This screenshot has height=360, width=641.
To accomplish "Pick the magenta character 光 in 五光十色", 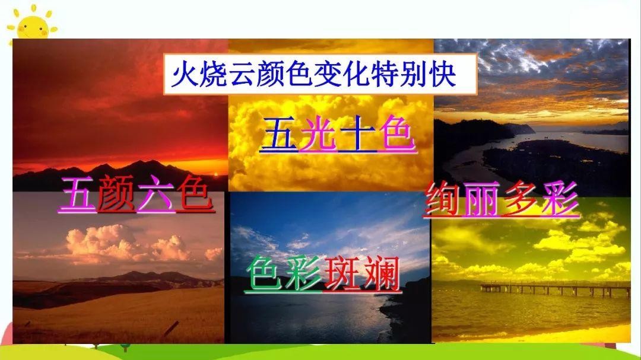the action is pos(318,133).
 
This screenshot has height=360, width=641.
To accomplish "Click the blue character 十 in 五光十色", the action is pos(357,133).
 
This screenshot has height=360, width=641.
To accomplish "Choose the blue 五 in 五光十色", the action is pos(279,133).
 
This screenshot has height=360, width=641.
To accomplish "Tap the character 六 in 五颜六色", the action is pos(156,193).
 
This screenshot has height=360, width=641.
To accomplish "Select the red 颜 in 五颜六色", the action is pos(117,193).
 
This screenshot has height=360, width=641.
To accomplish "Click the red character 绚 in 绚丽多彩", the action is pos(442,199).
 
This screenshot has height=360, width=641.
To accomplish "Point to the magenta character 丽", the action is pos(481,199).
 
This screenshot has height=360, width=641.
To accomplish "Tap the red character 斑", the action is pos(342,274).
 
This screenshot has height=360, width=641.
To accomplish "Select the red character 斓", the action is pos(381,274).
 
